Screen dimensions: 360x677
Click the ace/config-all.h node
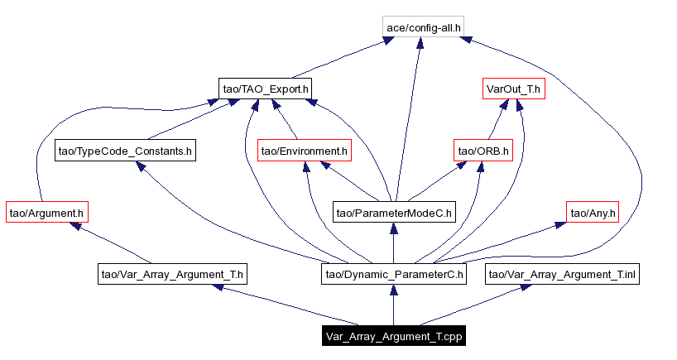424,27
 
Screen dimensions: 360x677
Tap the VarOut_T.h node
513,89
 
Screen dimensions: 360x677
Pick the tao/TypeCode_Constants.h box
125,151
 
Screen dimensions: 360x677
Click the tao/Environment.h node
304,151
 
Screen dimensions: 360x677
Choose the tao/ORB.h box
483,151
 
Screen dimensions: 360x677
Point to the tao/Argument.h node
46,213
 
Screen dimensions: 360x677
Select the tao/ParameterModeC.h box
394,213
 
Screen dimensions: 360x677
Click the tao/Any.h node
592,213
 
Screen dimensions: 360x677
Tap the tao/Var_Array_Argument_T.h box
173,274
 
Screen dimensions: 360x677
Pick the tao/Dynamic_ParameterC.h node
394,274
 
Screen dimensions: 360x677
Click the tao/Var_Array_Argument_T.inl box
562,274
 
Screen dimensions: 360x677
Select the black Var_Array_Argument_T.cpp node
393,336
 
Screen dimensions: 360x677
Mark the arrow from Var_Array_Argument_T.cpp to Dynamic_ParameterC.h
394,305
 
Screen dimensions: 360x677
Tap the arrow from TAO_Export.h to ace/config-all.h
339,58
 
